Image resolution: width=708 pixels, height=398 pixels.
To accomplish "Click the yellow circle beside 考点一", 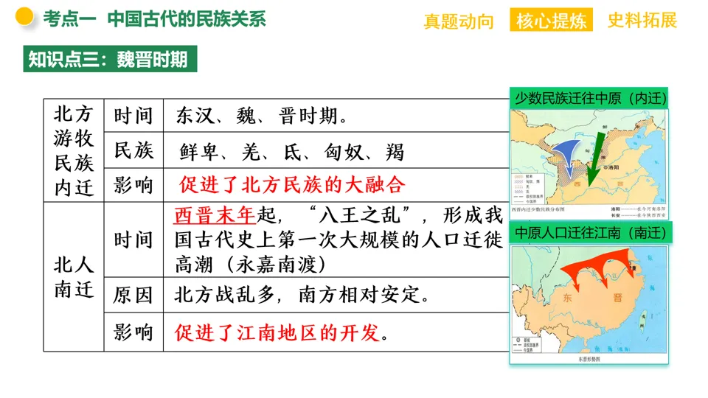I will point(24,17).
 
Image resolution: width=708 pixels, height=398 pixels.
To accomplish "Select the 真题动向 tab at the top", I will point(459,21).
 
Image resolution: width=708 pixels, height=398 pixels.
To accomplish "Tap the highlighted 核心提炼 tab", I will point(552,21).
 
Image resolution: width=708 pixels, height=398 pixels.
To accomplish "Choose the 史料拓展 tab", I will point(642,21).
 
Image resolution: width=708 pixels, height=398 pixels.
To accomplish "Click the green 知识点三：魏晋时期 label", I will point(108,59).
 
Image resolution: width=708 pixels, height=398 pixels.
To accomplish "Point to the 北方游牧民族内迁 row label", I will point(74,151).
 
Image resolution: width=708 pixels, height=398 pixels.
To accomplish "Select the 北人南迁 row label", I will point(74,277).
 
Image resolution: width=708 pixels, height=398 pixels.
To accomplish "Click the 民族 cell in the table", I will point(133,151).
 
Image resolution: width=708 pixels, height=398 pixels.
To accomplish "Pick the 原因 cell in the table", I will point(133,296).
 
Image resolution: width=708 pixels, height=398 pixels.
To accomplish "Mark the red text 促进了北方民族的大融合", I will point(292,185).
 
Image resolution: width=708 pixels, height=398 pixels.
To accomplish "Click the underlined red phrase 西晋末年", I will point(215,215).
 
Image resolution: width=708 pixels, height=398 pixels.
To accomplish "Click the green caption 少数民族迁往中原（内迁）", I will point(590,97).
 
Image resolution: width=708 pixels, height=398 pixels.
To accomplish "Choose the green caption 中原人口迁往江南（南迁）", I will point(590,233).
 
